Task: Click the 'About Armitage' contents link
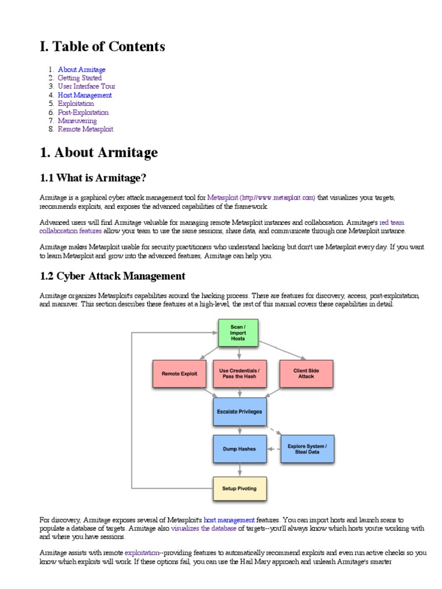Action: [x=81, y=70]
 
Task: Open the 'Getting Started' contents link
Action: [x=79, y=78]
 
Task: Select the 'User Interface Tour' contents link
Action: [x=86, y=87]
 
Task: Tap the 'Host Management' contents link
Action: [x=85, y=95]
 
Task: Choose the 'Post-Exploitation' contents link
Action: [x=83, y=113]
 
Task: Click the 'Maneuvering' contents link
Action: [x=77, y=121]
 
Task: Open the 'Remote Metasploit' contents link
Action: [x=85, y=130]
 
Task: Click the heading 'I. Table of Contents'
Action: [x=102, y=47]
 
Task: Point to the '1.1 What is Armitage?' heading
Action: [x=97, y=177]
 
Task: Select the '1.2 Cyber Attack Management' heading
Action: [x=112, y=276]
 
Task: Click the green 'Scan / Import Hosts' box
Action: [x=238, y=333]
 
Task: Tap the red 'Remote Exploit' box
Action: [x=179, y=373]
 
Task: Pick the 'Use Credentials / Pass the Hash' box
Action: [x=239, y=373]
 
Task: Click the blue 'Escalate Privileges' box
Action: [x=239, y=412]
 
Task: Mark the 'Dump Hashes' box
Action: [x=239, y=449]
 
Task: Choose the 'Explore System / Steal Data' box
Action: [x=307, y=449]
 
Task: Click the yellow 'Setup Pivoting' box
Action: [x=239, y=489]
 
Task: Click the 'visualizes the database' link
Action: [x=203, y=529]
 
